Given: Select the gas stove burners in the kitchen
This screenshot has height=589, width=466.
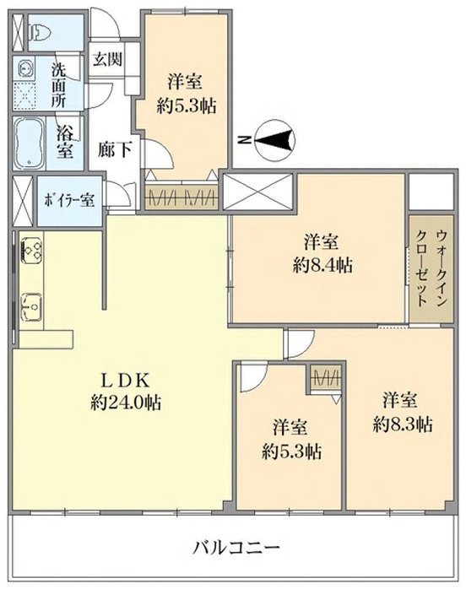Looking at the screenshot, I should click(32, 249).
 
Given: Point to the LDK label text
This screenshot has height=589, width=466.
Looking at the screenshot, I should click(125, 378).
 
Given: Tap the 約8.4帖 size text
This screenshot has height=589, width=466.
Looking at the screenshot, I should click(322, 264).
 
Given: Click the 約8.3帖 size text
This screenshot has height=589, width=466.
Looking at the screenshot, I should click(401, 421).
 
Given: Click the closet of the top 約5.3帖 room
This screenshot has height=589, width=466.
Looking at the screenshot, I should click(182, 198).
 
